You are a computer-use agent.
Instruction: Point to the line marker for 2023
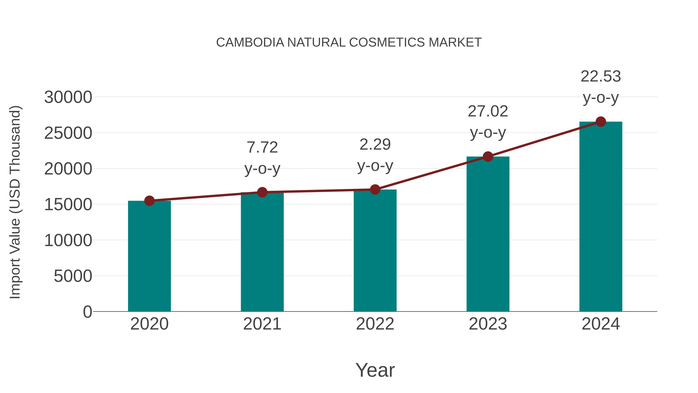488,156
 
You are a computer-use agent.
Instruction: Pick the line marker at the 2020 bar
149,201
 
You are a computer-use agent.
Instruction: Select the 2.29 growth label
375,145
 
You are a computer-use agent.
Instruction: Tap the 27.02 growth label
488,111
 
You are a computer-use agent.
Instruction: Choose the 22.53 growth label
601,76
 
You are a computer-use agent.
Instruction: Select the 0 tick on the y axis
87,312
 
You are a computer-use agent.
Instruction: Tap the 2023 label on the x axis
488,324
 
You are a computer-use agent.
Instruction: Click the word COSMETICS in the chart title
387,42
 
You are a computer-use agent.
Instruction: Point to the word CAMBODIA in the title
250,42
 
